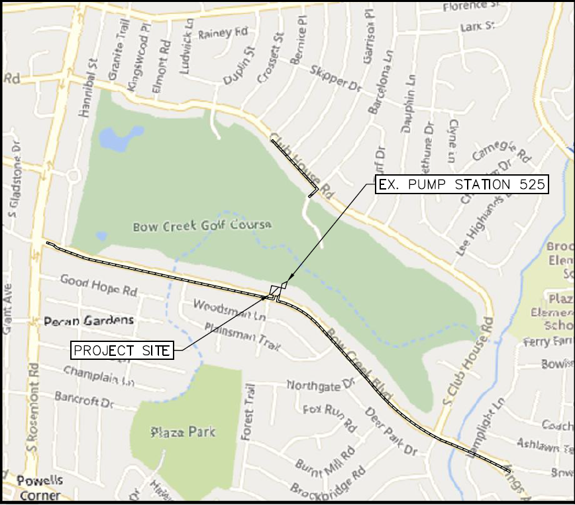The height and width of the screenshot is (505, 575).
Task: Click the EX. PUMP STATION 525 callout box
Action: pos(462,185)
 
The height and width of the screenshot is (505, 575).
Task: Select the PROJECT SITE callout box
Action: pos(122,350)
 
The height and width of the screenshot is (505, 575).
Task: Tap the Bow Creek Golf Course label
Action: pos(203,226)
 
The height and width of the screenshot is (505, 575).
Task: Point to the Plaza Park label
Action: pos(183,432)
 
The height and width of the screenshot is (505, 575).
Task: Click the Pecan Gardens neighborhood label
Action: pos(89,321)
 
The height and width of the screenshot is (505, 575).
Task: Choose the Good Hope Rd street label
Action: pos(98,285)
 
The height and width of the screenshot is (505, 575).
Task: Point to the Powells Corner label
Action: pos(38,487)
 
